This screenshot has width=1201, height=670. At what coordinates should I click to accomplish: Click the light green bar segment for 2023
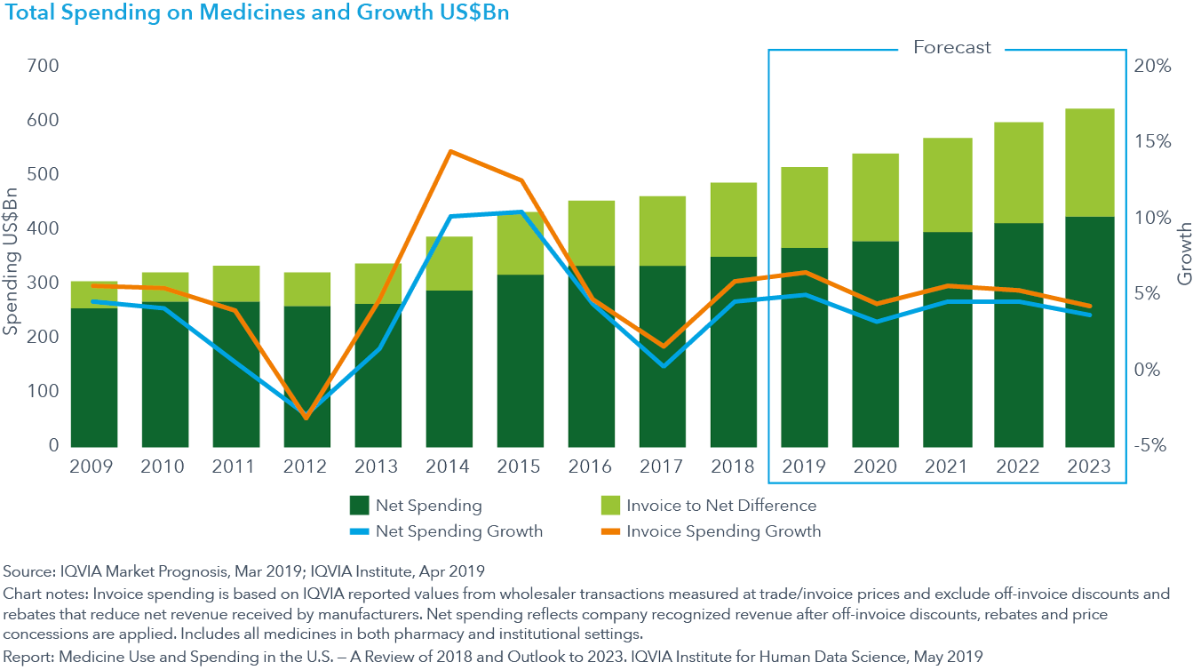click(x=1089, y=163)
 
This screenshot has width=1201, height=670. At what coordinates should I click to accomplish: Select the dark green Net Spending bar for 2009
click(x=94, y=377)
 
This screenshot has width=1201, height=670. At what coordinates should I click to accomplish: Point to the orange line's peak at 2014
click(x=450, y=151)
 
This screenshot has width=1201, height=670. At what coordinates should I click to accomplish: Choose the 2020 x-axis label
click(x=876, y=467)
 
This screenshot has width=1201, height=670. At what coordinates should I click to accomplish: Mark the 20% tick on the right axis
click(x=1151, y=67)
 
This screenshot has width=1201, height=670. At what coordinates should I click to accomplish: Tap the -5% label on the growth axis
click(x=1151, y=446)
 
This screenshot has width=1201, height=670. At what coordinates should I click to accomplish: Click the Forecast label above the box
click(x=951, y=48)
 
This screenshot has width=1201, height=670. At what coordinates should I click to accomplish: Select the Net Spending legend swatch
click(x=359, y=506)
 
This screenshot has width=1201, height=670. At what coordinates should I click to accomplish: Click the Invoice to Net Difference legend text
click(x=721, y=506)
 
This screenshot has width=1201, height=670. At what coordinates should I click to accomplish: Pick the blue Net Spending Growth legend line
click(x=359, y=532)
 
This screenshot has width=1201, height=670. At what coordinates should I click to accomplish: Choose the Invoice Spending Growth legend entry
click(x=723, y=532)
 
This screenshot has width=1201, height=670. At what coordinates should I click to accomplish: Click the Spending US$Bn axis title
click(x=12, y=256)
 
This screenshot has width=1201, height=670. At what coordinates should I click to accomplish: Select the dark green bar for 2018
click(x=734, y=351)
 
